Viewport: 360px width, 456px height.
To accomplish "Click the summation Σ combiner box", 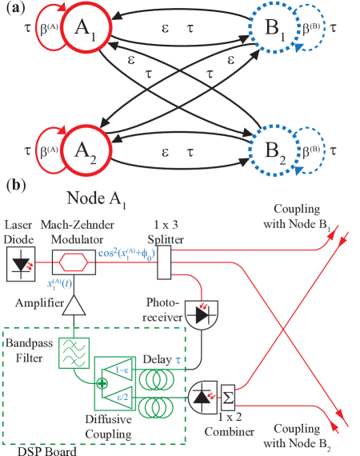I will tap(226, 395).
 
